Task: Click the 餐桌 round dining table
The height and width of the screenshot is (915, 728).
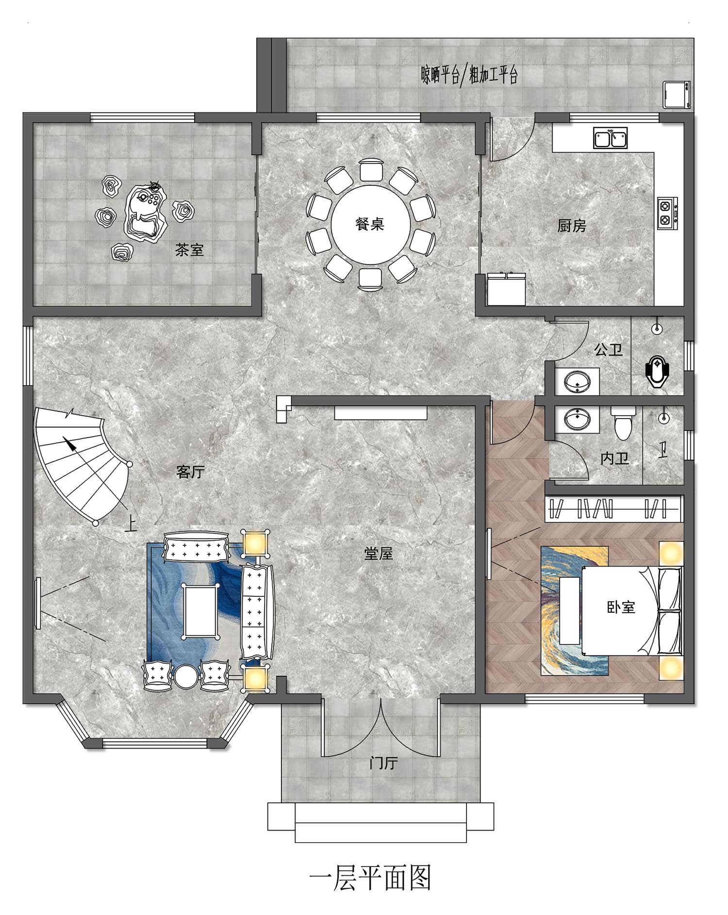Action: click(370, 225)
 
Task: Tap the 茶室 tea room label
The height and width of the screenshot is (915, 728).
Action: click(189, 250)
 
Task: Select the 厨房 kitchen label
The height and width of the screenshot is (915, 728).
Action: click(572, 226)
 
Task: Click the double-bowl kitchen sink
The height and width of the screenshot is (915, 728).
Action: click(610, 138)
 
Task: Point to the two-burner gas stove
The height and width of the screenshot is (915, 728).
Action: click(667, 213)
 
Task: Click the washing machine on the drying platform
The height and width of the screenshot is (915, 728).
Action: click(677, 95)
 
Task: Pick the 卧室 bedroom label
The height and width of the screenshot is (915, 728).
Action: click(621, 607)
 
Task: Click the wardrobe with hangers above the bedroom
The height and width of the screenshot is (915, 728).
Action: click(614, 508)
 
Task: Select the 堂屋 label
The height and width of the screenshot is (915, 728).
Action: click(379, 554)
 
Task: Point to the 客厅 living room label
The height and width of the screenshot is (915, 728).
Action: click(190, 472)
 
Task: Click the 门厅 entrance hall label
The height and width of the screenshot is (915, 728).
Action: click(383, 763)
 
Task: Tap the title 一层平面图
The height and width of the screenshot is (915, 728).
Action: click(370, 879)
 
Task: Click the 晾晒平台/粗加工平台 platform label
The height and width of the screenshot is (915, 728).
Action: click(469, 75)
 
